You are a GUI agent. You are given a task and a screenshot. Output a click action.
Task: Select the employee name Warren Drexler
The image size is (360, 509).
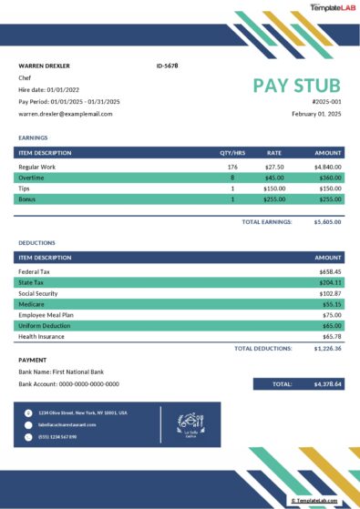(x=44, y=66)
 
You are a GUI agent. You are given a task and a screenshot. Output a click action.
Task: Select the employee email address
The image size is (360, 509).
(x=65, y=114)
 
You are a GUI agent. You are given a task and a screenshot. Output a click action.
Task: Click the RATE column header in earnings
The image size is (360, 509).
(x=274, y=153)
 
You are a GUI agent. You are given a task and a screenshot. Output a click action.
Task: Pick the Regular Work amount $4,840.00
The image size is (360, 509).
(x=327, y=168)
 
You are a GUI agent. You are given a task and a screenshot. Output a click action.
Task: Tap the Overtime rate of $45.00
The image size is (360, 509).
(x=274, y=178)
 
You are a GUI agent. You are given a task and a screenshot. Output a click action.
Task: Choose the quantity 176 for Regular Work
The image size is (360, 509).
(x=232, y=168)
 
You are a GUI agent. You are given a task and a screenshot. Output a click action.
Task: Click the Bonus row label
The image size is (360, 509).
(x=27, y=199)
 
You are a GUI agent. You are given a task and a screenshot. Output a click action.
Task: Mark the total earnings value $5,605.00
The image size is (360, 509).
(x=327, y=221)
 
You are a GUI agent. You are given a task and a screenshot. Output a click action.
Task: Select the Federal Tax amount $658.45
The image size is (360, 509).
(x=330, y=271)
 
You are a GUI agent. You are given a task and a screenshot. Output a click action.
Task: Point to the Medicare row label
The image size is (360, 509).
(x=31, y=304)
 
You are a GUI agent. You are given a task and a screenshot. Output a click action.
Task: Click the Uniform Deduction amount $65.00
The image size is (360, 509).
(x=332, y=325)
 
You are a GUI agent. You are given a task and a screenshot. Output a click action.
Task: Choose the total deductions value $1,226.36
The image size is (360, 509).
(x=327, y=348)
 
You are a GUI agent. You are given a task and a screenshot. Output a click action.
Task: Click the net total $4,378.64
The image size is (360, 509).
(x=327, y=384)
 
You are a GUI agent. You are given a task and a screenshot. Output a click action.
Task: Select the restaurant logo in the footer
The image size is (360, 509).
(x=191, y=422)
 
